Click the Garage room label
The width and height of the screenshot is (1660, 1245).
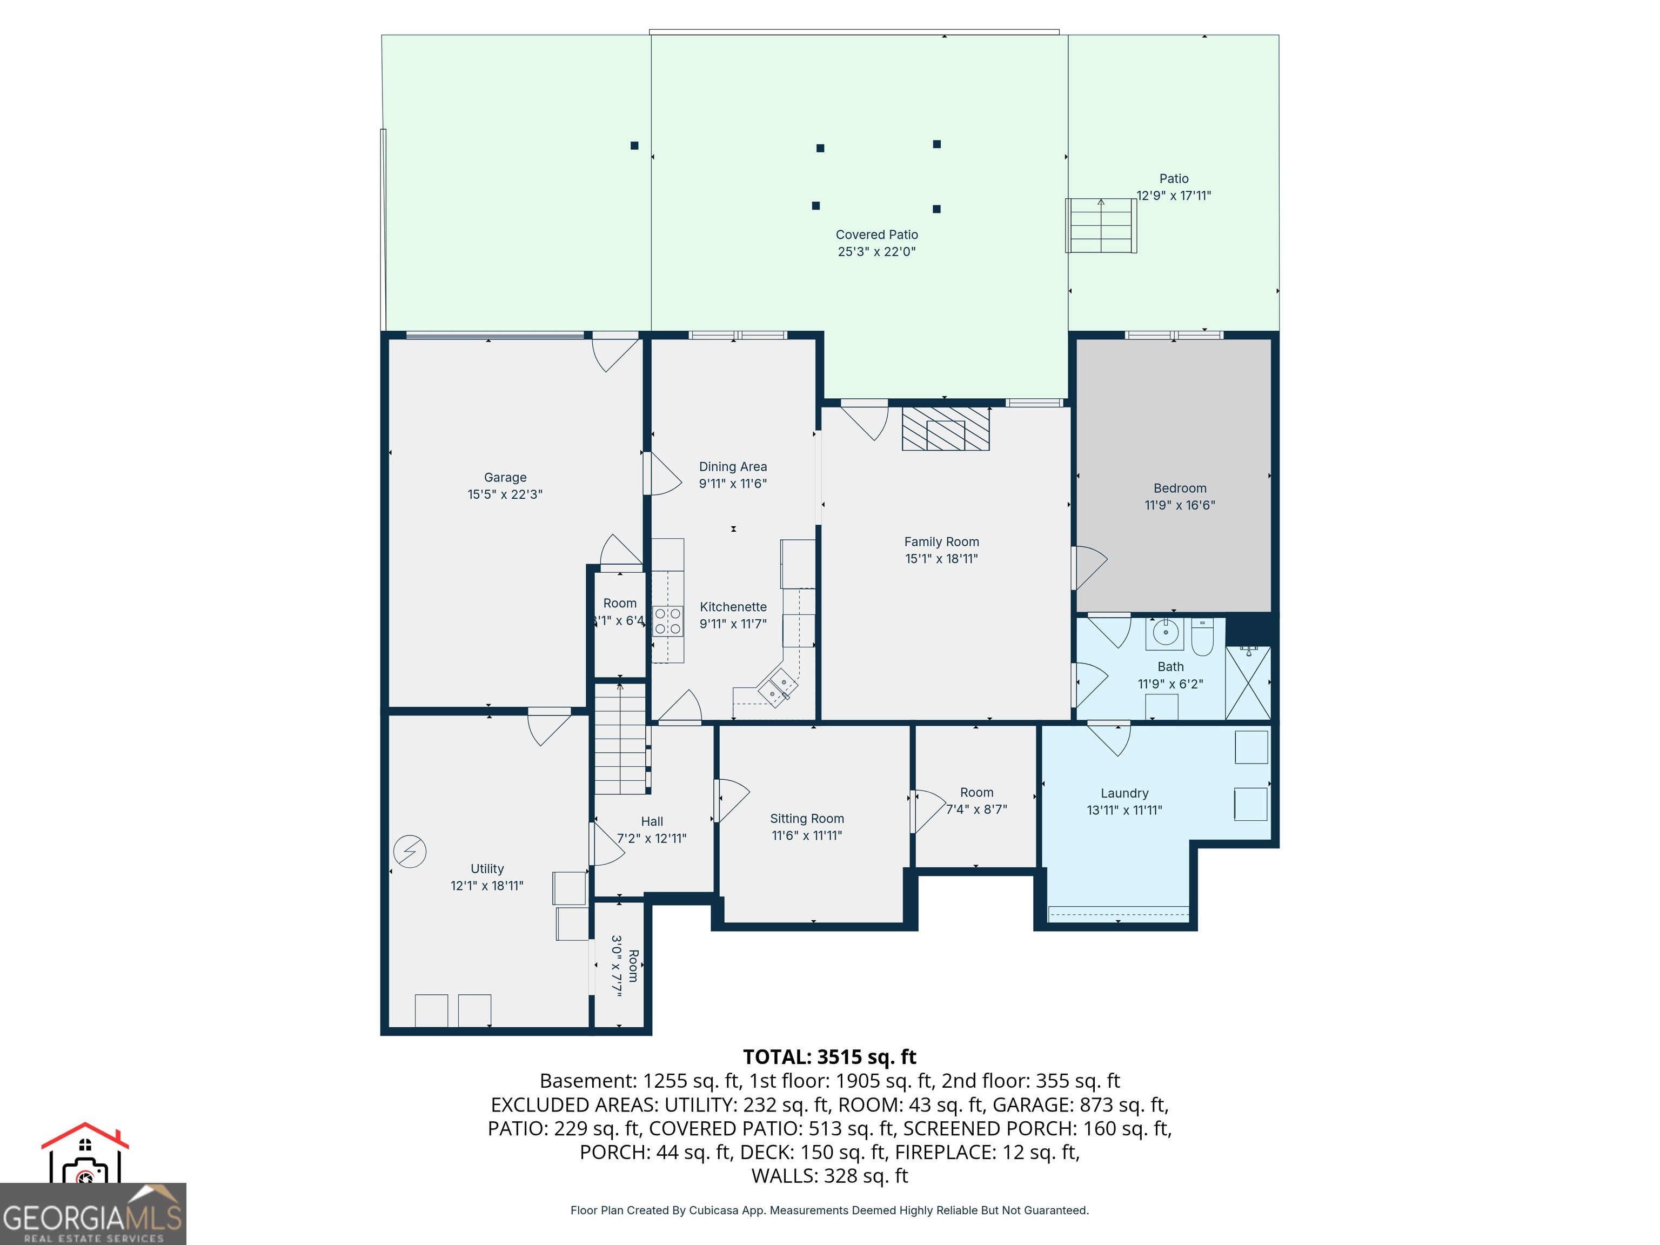click(x=505, y=477)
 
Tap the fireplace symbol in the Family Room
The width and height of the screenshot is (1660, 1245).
click(x=946, y=429)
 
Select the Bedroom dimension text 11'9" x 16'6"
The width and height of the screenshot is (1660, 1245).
click(x=1180, y=505)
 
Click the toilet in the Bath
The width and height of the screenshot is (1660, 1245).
click(x=1202, y=637)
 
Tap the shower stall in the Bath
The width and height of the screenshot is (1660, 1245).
click(x=1248, y=682)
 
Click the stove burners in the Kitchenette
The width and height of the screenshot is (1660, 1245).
click(x=668, y=621)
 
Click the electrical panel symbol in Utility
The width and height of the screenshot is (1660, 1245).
click(x=410, y=852)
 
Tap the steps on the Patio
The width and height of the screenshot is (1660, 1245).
click(x=1101, y=225)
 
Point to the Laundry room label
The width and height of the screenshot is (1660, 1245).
click(x=1124, y=793)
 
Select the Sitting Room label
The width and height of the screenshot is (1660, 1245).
click(x=807, y=819)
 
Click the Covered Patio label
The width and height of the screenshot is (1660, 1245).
click(x=876, y=235)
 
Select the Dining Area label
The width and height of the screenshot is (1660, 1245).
click(x=733, y=467)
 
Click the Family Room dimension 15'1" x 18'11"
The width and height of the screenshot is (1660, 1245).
click(x=942, y=558)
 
